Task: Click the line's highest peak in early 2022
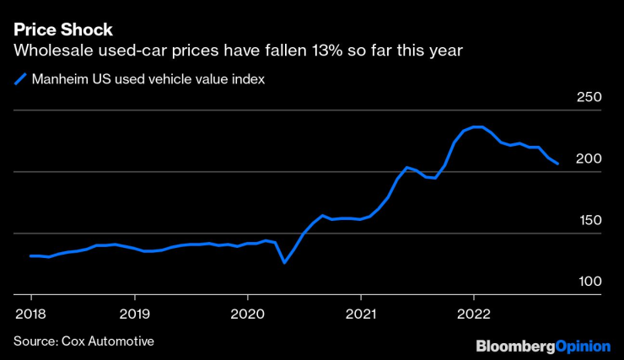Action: pyautogui.click(x=477, y=126)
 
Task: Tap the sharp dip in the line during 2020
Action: pyautogui.click(x=285, y=262)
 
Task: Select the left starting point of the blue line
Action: pyautogui.click(x=31, y=255)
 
